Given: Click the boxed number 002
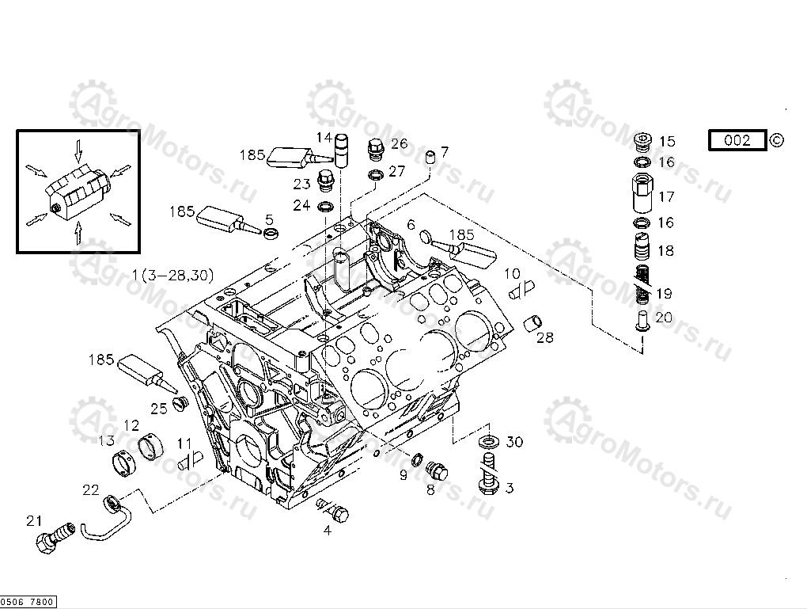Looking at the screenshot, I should point(737,141).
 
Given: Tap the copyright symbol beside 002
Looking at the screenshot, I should point(777,140).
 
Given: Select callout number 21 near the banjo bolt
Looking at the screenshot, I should point(33,520).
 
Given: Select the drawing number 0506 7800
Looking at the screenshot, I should point(28,603).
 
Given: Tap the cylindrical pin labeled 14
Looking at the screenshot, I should point(343,151).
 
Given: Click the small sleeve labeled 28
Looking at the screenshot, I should point(533,322).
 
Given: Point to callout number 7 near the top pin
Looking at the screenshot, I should point(445,150).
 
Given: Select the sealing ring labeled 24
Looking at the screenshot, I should point(325,207).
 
